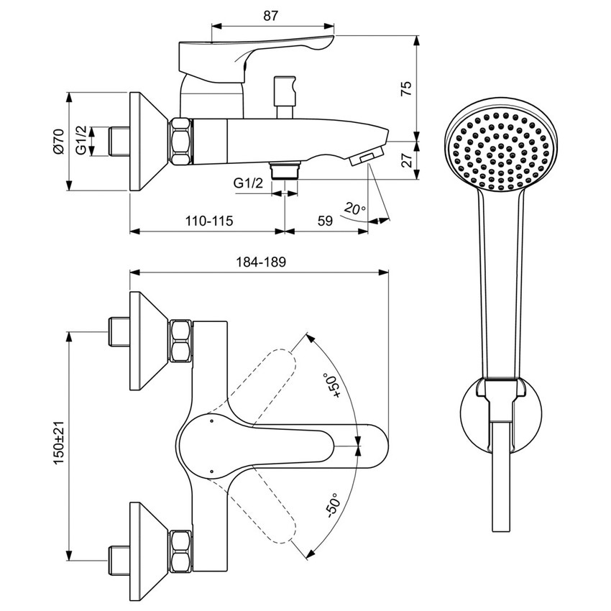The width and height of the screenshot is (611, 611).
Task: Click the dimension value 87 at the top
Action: (x=270, y=14)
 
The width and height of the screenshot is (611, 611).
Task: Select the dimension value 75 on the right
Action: (x=406, y=88)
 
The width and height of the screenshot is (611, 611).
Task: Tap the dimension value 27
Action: (x=406, y=159)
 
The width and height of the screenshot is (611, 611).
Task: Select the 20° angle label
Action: (x=354, y=209)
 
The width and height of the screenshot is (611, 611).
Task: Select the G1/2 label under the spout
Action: (x=248, y=183)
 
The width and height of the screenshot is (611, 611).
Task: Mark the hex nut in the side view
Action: (x=180, y=140)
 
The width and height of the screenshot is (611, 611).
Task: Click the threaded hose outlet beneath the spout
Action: (x=286, y=170)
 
